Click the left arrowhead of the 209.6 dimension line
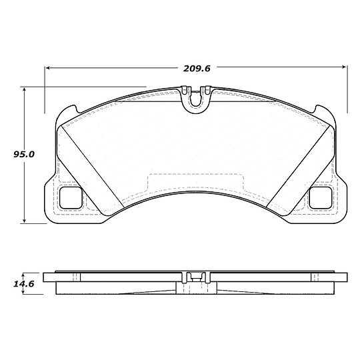pyautogui.click(x=49, y=67)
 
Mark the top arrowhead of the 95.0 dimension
pyautogui.click(x=25, y=89)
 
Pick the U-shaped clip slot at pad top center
pyautogui.click(x=196, y=98)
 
